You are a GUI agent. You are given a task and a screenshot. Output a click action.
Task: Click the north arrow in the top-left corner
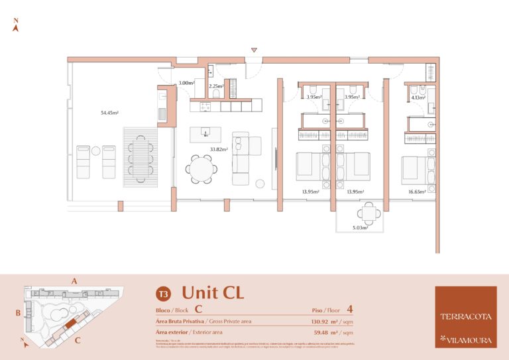pyautogui.click(x=16, y=26)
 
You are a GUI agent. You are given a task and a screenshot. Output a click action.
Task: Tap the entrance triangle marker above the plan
pyautogui.click(x=253, y=50)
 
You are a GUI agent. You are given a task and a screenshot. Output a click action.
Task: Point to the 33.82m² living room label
pyautogui.click(x=219, y=150)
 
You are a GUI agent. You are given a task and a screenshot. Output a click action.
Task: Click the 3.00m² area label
pyautogui.click(x=186, y=84)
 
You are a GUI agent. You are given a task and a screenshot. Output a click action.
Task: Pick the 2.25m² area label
pyautogui.click(x=216, y=86)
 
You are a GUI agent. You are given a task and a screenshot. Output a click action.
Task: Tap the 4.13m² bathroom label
pyautogui.click(x=418, y=98)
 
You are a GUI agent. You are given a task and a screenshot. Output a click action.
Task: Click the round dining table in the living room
pyautogui.click(x=200, y=168)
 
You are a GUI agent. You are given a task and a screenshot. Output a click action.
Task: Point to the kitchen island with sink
pyautogui.click(x=205, y=134)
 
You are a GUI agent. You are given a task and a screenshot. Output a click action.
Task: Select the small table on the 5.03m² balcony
pyautogui.click(x=368, y=213)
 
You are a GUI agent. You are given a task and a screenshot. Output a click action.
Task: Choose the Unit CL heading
pyautogui.click(x=213, y=292)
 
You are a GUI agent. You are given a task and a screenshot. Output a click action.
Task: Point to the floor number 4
pyautogui.click(x=349, y=309)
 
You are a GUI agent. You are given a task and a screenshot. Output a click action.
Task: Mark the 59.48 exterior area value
pyautogui.click(x=324, y=332)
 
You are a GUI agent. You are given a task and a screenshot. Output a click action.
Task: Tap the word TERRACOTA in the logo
pyautogui.click(x=465, y=316)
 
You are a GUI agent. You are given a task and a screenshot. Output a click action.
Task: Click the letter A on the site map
pyautogui.click(x=74, y=281)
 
